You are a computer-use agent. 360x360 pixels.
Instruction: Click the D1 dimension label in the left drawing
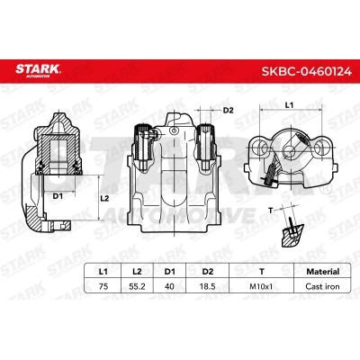point(58,194)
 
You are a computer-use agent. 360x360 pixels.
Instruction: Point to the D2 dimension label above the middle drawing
point(228,110)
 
